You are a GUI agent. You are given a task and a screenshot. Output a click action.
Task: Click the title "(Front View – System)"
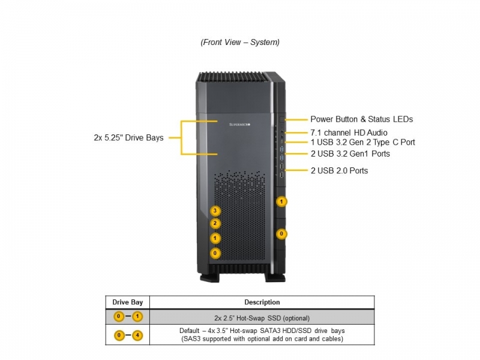click(x=240, y=42)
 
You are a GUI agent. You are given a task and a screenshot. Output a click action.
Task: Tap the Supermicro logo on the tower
click(x=239, y=125)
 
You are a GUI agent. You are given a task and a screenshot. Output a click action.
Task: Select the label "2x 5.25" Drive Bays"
click(x=128, y=138)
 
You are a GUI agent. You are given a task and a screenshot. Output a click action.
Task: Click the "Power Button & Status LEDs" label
click(x=362, y=119)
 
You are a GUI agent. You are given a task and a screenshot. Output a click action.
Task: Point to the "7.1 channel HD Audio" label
click(x=349, y=133)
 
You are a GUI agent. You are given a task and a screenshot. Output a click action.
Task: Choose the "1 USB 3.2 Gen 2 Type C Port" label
click(x=363, y=142)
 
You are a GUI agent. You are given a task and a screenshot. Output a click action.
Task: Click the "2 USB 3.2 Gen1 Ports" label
click(x=350, y=154)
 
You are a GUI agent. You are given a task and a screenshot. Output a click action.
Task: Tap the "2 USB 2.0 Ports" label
click(x=339, y=171)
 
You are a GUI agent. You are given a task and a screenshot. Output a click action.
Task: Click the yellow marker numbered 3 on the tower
click(x=215, y=211)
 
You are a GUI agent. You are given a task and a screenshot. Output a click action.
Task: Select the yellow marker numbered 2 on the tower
click(x=215, y=223)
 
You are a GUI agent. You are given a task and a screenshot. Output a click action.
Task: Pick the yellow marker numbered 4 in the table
click(x=137, y=335)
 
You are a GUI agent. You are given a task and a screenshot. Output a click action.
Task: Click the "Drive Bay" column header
click(x=128, y=302)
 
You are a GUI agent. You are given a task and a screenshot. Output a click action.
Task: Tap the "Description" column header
click(x=262, y=302)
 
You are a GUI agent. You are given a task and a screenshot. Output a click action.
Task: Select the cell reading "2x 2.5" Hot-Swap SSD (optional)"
click(x=262, y=318)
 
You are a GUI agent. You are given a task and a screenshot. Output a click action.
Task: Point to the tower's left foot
click(x=209, y=278)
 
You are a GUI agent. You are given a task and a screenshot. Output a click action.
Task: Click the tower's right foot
click(x=275, y=278)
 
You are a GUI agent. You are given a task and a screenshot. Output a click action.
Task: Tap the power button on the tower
click(x=282, y=119)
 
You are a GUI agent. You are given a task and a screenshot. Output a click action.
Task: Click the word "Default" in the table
click(x=189, y=331)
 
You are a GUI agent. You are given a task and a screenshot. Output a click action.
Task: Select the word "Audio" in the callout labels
click(x=377, y=133)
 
